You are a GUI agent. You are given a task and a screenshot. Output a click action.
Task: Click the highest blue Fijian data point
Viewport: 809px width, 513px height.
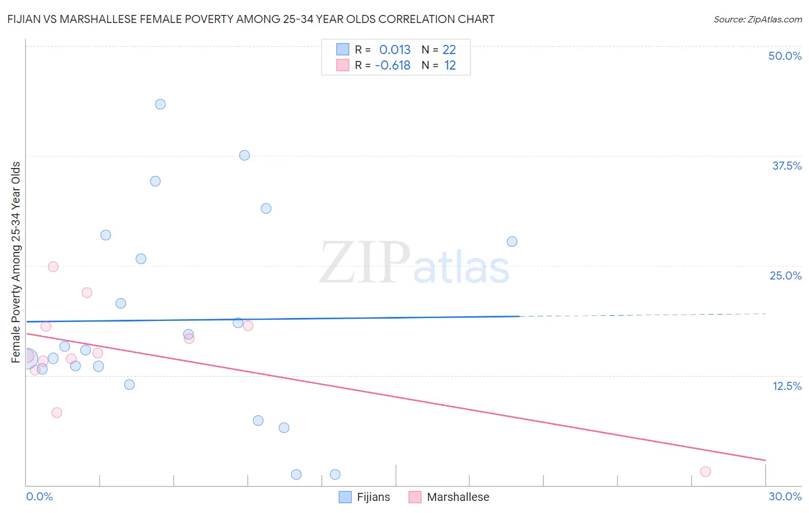point(161,104)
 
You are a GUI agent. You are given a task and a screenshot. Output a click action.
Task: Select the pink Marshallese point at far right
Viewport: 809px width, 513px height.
point(705,472)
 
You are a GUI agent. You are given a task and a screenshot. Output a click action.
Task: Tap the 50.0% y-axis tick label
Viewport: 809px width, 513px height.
point(785,56)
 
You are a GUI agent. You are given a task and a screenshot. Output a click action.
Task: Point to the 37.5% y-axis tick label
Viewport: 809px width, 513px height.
point(787,166)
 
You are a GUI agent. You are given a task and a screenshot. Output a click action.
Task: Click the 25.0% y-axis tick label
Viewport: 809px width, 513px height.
point(785,275)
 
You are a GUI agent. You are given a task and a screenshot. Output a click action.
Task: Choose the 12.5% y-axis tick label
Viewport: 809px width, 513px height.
point(787,386)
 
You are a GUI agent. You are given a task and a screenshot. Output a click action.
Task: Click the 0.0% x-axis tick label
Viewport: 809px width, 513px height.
point(39,496)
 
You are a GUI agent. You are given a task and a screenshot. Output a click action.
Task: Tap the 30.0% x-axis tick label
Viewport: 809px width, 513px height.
point(785,496)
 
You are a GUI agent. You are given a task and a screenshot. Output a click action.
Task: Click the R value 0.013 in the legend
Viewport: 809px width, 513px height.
point(395,49)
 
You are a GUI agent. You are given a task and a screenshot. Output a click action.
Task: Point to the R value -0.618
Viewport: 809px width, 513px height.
point(392,66)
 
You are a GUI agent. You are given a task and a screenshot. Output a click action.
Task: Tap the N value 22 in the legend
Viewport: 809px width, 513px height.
point(449,49)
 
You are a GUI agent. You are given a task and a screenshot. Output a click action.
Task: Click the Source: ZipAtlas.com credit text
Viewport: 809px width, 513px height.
point(757,19)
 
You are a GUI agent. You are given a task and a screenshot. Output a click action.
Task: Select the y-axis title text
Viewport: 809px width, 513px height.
point(16,262)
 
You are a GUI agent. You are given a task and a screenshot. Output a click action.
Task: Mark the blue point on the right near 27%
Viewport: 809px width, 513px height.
point(512,242)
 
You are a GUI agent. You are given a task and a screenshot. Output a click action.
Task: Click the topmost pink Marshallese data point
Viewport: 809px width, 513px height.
point(53,266)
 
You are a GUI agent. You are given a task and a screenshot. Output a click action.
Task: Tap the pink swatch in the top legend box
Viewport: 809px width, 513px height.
point(343,65)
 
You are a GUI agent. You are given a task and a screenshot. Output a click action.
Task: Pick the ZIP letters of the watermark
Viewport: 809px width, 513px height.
point(365,263)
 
